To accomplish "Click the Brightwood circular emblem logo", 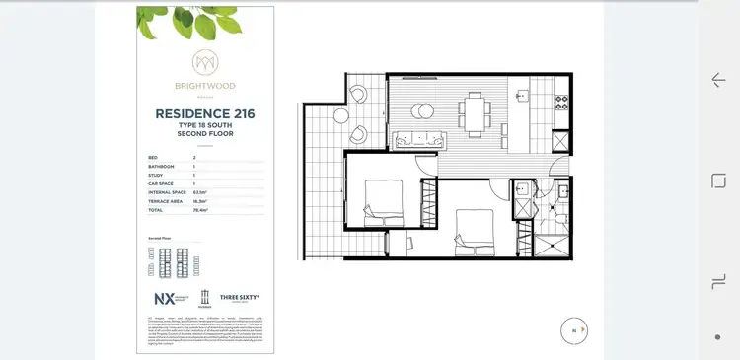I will tap(204, 61).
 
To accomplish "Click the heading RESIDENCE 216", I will tap(204, 114).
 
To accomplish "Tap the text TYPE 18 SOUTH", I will tap(204, 126).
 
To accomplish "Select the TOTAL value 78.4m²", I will tap(199, 209).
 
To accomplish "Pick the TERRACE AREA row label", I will tap(163, 200).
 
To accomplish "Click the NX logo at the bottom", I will tap(164, 298).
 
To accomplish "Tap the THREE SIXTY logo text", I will tap(240, 297).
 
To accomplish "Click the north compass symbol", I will tap(573, 330).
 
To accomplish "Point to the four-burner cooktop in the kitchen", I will tap(563, 102).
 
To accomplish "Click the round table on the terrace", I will tap(341, 115).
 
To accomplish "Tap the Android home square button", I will tap(718, 180).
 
